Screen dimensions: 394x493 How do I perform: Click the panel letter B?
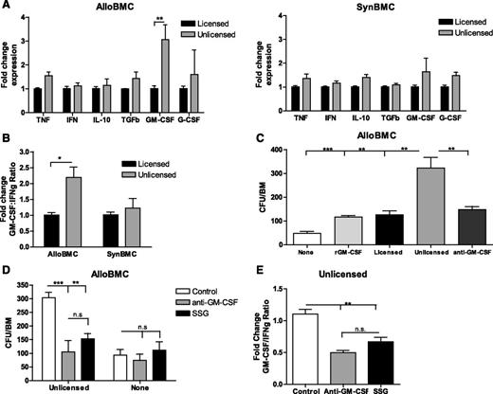(8, 142)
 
